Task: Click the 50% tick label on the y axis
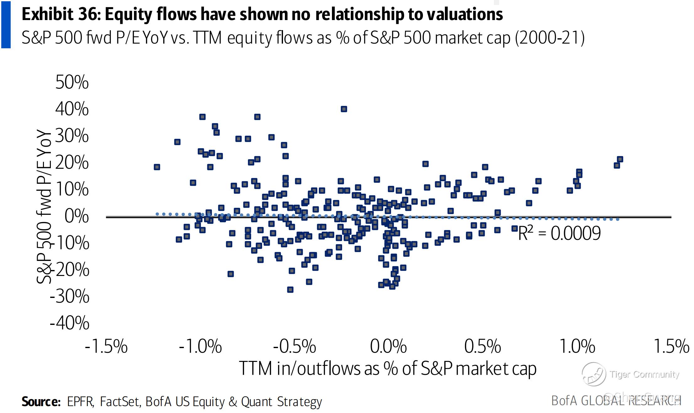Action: pyautogui.click(x=72, y=82)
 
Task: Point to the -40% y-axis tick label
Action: pyautogui.click(x=70, y=323)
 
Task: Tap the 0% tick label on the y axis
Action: pyautogui.click(x=77, y=216)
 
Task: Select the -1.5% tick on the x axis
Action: pyautogui.click(x=106, y=346)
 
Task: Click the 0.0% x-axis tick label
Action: pyautogui.click(x=388, y=346)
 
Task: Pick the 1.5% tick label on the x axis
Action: pyautogui.click(x=671, y=346)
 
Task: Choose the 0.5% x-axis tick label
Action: pyautogui.click(x=483, y=346)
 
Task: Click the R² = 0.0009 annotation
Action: pyautogui.click(x=559, y=233)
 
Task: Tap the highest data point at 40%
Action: pyautogui.click(x=344, y=109)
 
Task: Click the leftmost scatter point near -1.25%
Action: pyautogui.click(x=157, y=167)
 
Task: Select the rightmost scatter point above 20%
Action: pyautogui.click(x=620, y=159)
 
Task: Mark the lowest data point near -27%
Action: pyautogui.click(x=290, y=289)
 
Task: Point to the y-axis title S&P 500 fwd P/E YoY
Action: pyautogui.click(x=44, y=207)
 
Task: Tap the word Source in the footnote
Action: pyautogui.click(x=41, y=401)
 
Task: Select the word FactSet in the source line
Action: pyautogui.click(x=119, y=401)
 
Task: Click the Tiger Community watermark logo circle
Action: pyautogui.click(x=594, y=374)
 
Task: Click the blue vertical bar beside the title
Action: pyautogui.click(x=6, y=24)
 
